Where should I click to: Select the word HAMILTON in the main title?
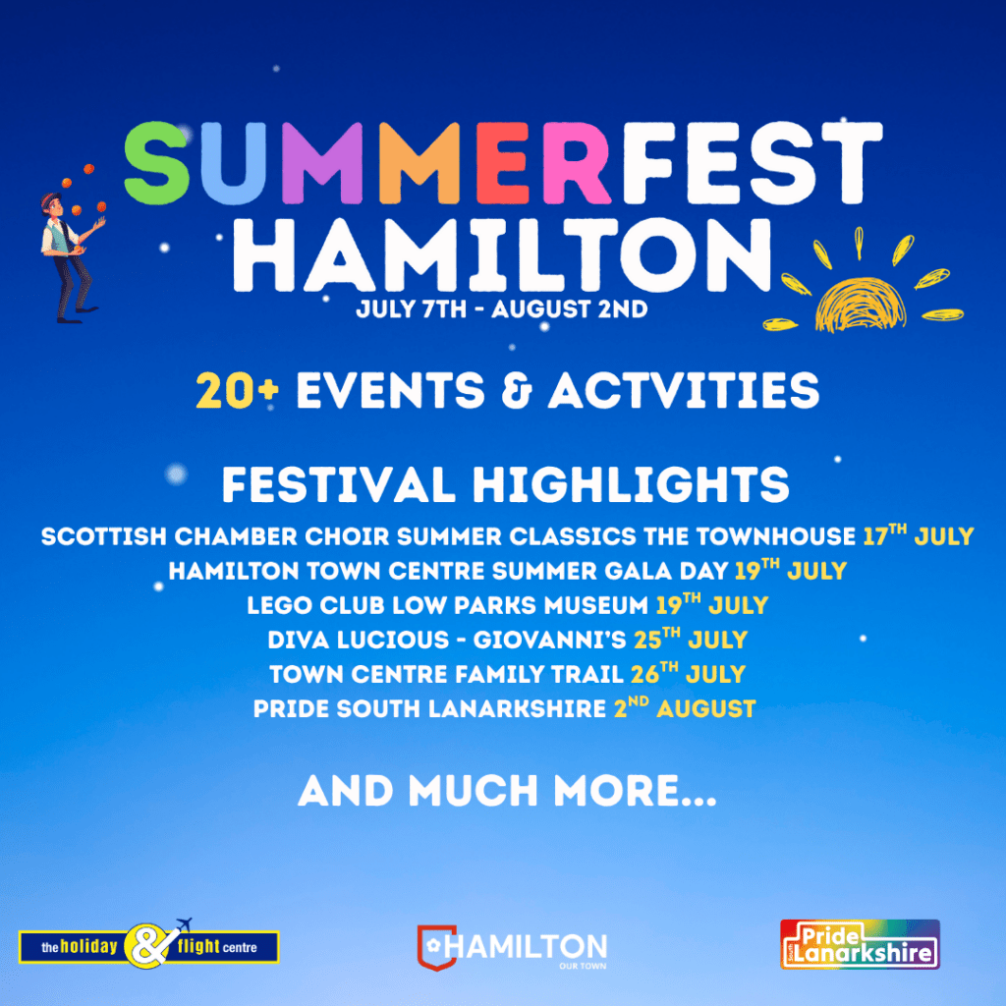[x=502, y=254]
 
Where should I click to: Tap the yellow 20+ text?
[x=238, y=390]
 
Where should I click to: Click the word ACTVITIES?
[x=684, y=390]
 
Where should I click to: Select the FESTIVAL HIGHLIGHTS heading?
[x=506, y=484]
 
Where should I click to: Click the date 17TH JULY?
[x=919, y=535]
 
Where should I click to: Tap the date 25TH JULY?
[x=691, y=639]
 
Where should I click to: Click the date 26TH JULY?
[x=688, y=674]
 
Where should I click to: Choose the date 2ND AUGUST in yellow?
[x=685, y=708]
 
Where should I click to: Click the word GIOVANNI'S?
[x=549, y=640]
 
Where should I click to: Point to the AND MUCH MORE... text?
[x=507, y=791]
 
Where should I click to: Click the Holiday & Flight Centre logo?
[x=149, y=946]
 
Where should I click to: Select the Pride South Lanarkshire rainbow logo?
[x=860, y=944]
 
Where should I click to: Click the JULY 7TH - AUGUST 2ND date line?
[x=502, y=309]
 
